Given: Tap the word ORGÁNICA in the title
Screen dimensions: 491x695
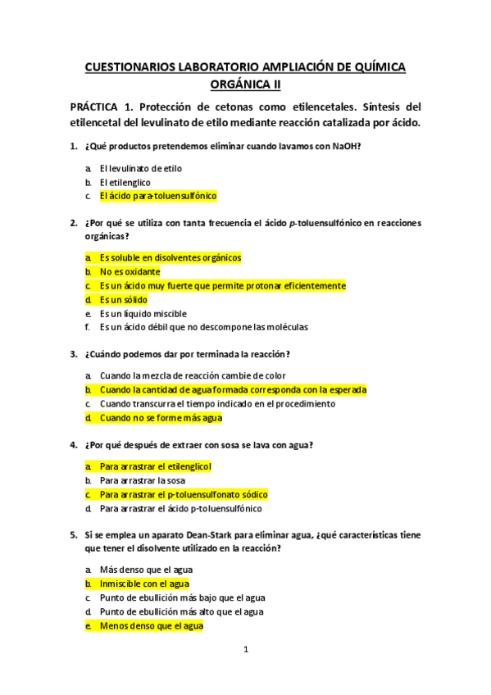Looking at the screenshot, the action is pyautogui.click(x=239, y=84).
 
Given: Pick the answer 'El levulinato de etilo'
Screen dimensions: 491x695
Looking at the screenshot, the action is pyautogui.click(x=140, y=169).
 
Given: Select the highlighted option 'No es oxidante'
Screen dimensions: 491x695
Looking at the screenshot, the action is pyautogui.click(x=130, y=271).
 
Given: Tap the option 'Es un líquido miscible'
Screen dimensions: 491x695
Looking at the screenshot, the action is pyautogui.click(x=143, y=314).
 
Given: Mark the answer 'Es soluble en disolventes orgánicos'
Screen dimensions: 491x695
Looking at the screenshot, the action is pyautogui.click(x=170, y=257).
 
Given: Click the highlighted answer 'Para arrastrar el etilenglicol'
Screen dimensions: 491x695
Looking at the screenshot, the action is pyautogui.click(x=156, y=466).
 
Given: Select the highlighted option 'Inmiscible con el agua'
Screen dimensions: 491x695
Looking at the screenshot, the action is pyautogui.click(x=144, y=584).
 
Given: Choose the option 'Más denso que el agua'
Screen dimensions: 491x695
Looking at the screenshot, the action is pyautogui.click(x=146, y=570).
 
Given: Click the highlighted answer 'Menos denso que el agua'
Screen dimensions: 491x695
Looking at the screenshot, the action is pyautogui.click(x=152, y=626).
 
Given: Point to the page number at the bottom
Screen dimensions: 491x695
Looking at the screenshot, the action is pyautogui.click(x=245, y=650).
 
